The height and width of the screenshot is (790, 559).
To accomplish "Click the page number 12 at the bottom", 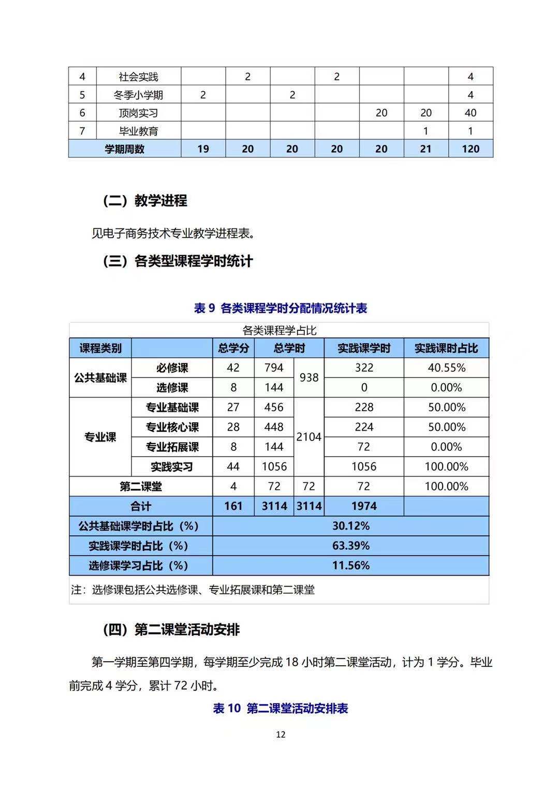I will tap(281, 734).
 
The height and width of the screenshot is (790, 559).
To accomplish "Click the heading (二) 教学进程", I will tap(145, 200).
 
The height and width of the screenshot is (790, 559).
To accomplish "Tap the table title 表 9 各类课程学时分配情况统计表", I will tap(281, 308).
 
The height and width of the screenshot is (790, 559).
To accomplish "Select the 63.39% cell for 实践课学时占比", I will tap(350, 546).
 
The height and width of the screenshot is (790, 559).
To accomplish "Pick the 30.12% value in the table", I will tap(350, 526).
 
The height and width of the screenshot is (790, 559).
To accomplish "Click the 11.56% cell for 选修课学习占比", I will tap(350, 565).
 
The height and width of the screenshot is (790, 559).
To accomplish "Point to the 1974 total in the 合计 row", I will tap(364, 506).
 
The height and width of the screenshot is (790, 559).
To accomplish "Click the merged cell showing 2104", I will tap(309, 437).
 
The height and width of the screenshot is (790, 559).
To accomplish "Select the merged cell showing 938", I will tap(309, 377).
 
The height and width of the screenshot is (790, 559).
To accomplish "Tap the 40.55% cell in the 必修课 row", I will tap(446, 368).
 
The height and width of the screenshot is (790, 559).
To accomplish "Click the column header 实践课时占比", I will tap(446, 348).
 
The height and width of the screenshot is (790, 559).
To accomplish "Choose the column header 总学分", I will tap(233, 348).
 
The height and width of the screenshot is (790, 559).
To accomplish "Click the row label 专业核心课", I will tap(172, 427).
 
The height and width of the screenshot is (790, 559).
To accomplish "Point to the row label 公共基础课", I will tap(100, 377).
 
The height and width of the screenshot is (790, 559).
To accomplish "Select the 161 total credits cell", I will tap(233, 506).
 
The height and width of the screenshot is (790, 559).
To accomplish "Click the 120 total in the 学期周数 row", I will tap(470, 149).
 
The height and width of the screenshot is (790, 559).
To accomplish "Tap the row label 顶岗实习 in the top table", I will tap(138, 113).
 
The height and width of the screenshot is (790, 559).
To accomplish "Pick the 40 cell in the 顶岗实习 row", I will tap(470, 113).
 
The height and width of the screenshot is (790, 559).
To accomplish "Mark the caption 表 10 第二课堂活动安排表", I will tap(281, 708).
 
